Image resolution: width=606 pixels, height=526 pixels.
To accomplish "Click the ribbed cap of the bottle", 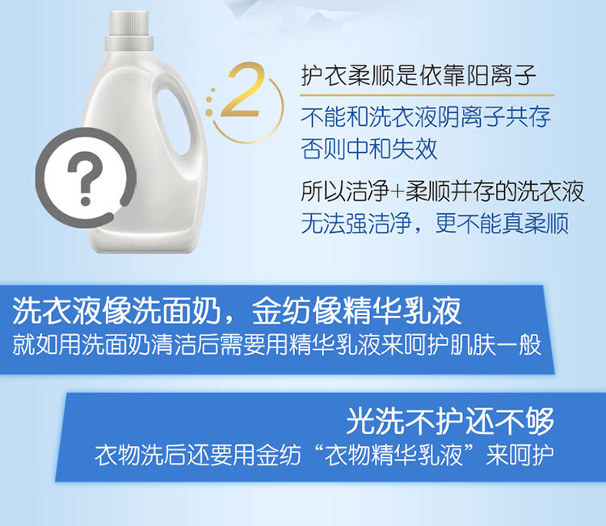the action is tap(129, 24).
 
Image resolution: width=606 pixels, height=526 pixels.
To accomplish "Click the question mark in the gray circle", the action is tap(86, 178).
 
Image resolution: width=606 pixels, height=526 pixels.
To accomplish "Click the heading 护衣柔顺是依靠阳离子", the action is tap(419, 75).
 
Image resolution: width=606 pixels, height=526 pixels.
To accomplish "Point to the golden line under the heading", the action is tap(427, 95).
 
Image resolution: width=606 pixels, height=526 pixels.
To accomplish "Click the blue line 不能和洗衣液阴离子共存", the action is tap(426, 116).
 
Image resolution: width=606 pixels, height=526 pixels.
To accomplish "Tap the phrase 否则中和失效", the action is tap(369, 149).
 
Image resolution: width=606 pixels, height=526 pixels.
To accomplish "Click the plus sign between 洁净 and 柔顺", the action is tap(398, 191).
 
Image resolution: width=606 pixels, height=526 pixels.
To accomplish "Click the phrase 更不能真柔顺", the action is tap(502, 223).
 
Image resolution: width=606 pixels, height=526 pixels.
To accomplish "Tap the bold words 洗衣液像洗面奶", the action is tap(116, 312).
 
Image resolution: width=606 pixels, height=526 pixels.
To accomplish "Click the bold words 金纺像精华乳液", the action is tap(356, 312).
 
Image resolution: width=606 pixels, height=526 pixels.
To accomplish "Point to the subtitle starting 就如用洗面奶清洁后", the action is tap(276, 345).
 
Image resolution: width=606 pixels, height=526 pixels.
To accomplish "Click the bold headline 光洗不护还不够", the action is tap(450, 421).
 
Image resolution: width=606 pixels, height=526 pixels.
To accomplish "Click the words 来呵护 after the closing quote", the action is tap(520, 455).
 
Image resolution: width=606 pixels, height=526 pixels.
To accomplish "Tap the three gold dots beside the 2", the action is tap(210, 101).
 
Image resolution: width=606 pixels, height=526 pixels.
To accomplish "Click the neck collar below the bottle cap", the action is tap(129, 44).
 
